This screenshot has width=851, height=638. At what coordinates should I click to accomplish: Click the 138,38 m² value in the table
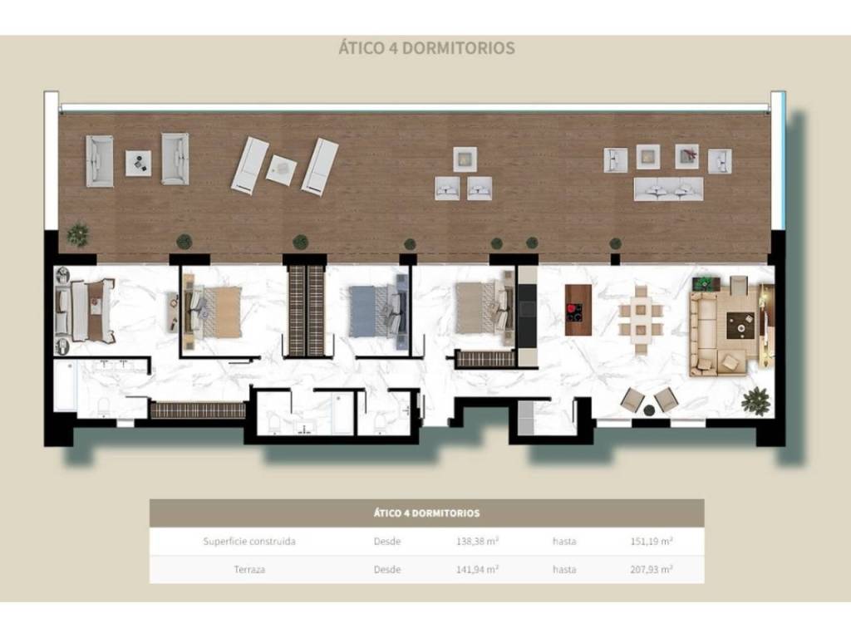(478, 541)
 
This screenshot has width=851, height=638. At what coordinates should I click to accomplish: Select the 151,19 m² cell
(652, 541)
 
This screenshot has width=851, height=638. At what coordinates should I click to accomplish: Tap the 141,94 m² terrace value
(478, 569)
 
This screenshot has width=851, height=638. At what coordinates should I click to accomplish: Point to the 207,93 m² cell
(652, 569)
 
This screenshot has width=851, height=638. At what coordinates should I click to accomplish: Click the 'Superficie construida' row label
(249, 541)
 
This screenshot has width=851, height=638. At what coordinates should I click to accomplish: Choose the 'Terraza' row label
(249, 570)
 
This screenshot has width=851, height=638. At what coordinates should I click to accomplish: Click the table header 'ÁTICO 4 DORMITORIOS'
(426, 513)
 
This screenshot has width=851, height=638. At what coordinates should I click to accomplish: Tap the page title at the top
(426, 47)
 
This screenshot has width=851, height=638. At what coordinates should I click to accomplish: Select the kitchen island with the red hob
(578, 310)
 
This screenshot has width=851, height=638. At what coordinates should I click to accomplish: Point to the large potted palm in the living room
(756, 402)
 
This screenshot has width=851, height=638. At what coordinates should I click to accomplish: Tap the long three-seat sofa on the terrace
(669, 189)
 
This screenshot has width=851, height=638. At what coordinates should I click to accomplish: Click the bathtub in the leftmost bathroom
(65, 386)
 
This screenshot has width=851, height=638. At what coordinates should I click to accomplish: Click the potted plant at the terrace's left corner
(77, 234)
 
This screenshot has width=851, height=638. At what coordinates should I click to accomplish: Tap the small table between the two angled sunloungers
(281, 170)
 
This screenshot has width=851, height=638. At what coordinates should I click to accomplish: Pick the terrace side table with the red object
(687, 156)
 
